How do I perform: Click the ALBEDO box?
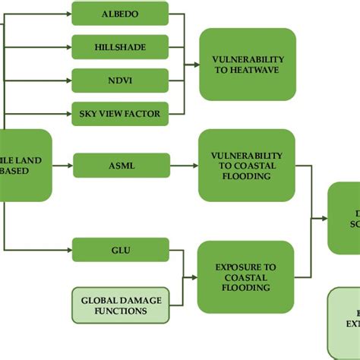tap(121, 14)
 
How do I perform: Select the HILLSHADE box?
tap(121, 47)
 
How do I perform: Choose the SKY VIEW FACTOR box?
tap(121, 114)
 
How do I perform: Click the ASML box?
tap(121, 164)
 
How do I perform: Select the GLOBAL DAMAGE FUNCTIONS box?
tap(121, 305)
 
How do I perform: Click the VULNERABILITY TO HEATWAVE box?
tap(248, 64)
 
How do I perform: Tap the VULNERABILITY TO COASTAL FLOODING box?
tap(245, 165)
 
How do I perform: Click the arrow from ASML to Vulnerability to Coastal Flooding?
tap(182, 164)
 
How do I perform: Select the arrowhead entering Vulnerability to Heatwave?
tap(196, 64)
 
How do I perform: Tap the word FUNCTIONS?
tap(121, 310)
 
